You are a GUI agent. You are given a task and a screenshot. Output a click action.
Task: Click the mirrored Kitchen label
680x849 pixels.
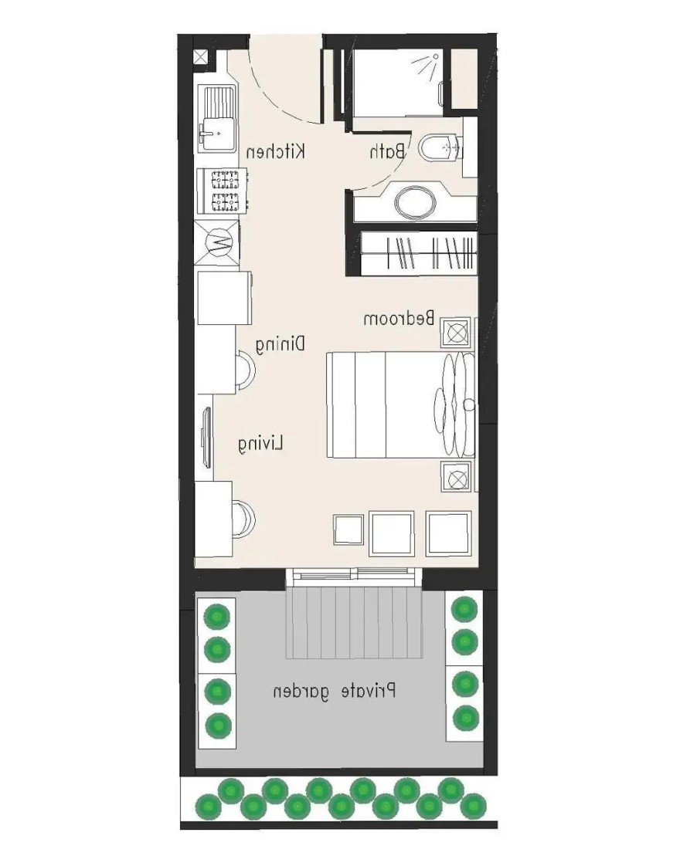(x=276, y=151)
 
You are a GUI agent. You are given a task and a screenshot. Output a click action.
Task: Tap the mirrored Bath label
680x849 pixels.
(x=387, y=151)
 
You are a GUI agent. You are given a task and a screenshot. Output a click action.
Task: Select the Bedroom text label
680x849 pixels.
(x=399, y=318)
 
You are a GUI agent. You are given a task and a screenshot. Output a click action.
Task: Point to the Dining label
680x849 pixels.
(x=280, y=345)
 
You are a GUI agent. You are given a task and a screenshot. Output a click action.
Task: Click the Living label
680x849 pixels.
(x=261, y=444)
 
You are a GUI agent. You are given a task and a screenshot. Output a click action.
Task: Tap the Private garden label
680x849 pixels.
(x=334, y=692)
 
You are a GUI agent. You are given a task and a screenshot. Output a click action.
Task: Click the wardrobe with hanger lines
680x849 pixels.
(x=419, y=253)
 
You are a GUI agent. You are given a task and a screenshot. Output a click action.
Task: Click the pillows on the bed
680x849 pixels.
(x=454, y=404)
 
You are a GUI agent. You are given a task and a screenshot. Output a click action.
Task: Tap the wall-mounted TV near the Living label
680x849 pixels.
(x=207, y=436)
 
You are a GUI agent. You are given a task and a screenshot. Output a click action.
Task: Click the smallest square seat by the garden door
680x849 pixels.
(x=348, y=529)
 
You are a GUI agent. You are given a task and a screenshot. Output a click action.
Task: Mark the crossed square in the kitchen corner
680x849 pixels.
(x=202, y=57)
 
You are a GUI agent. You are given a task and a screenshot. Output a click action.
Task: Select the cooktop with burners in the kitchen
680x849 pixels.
(x=223, y=190)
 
